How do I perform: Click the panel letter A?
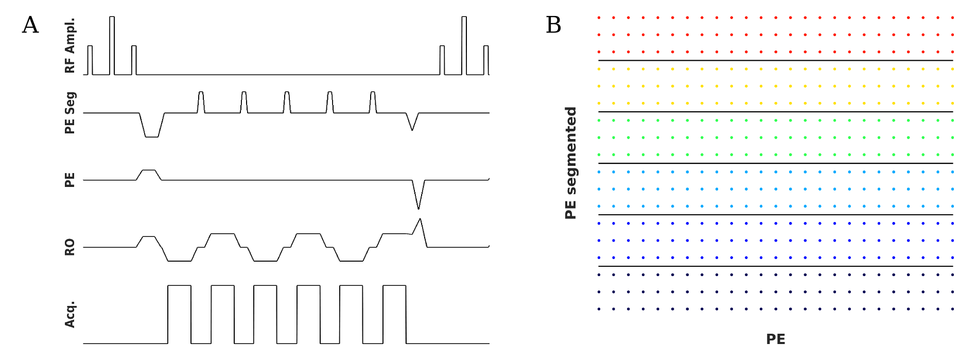[x=30, y=25]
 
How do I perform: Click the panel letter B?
[x=553, y=25]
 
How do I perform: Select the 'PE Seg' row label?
[x=70, y=113]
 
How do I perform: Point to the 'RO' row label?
[x=70, y=247]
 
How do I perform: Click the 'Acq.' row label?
[x=70, y=314]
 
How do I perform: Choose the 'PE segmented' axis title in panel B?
[x=570, y=163]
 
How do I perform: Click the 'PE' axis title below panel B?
[x=775, y=339]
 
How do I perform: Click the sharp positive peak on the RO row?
[x=421, y=221]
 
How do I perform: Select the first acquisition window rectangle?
[x=179, y=313]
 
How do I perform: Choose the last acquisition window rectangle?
[x=394, y=313]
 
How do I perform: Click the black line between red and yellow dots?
[x=775, y=60]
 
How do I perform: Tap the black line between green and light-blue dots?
[x=775, y=163]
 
